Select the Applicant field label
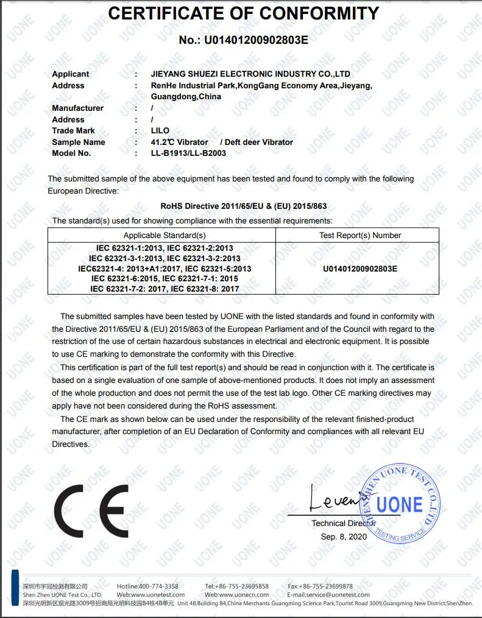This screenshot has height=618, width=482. click(x=70, y=74)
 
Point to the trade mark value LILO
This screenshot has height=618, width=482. click(x=160, y=130)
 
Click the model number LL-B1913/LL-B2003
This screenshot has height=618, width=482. click(x=188, y=153)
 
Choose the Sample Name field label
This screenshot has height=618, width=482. click(x=79, y=142)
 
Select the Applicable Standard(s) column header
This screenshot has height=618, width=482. click(x=165, y=235)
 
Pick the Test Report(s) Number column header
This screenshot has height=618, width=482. click(x=360, y=235)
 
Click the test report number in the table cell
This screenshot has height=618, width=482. click(x=360, y=268)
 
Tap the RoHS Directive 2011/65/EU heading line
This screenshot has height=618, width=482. click(x=244, y=206)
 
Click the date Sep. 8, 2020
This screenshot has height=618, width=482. click(x=344, y=536)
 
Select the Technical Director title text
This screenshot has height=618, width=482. click(x=344, y=523)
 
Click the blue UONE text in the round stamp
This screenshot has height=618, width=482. click(x=399, y=504)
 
